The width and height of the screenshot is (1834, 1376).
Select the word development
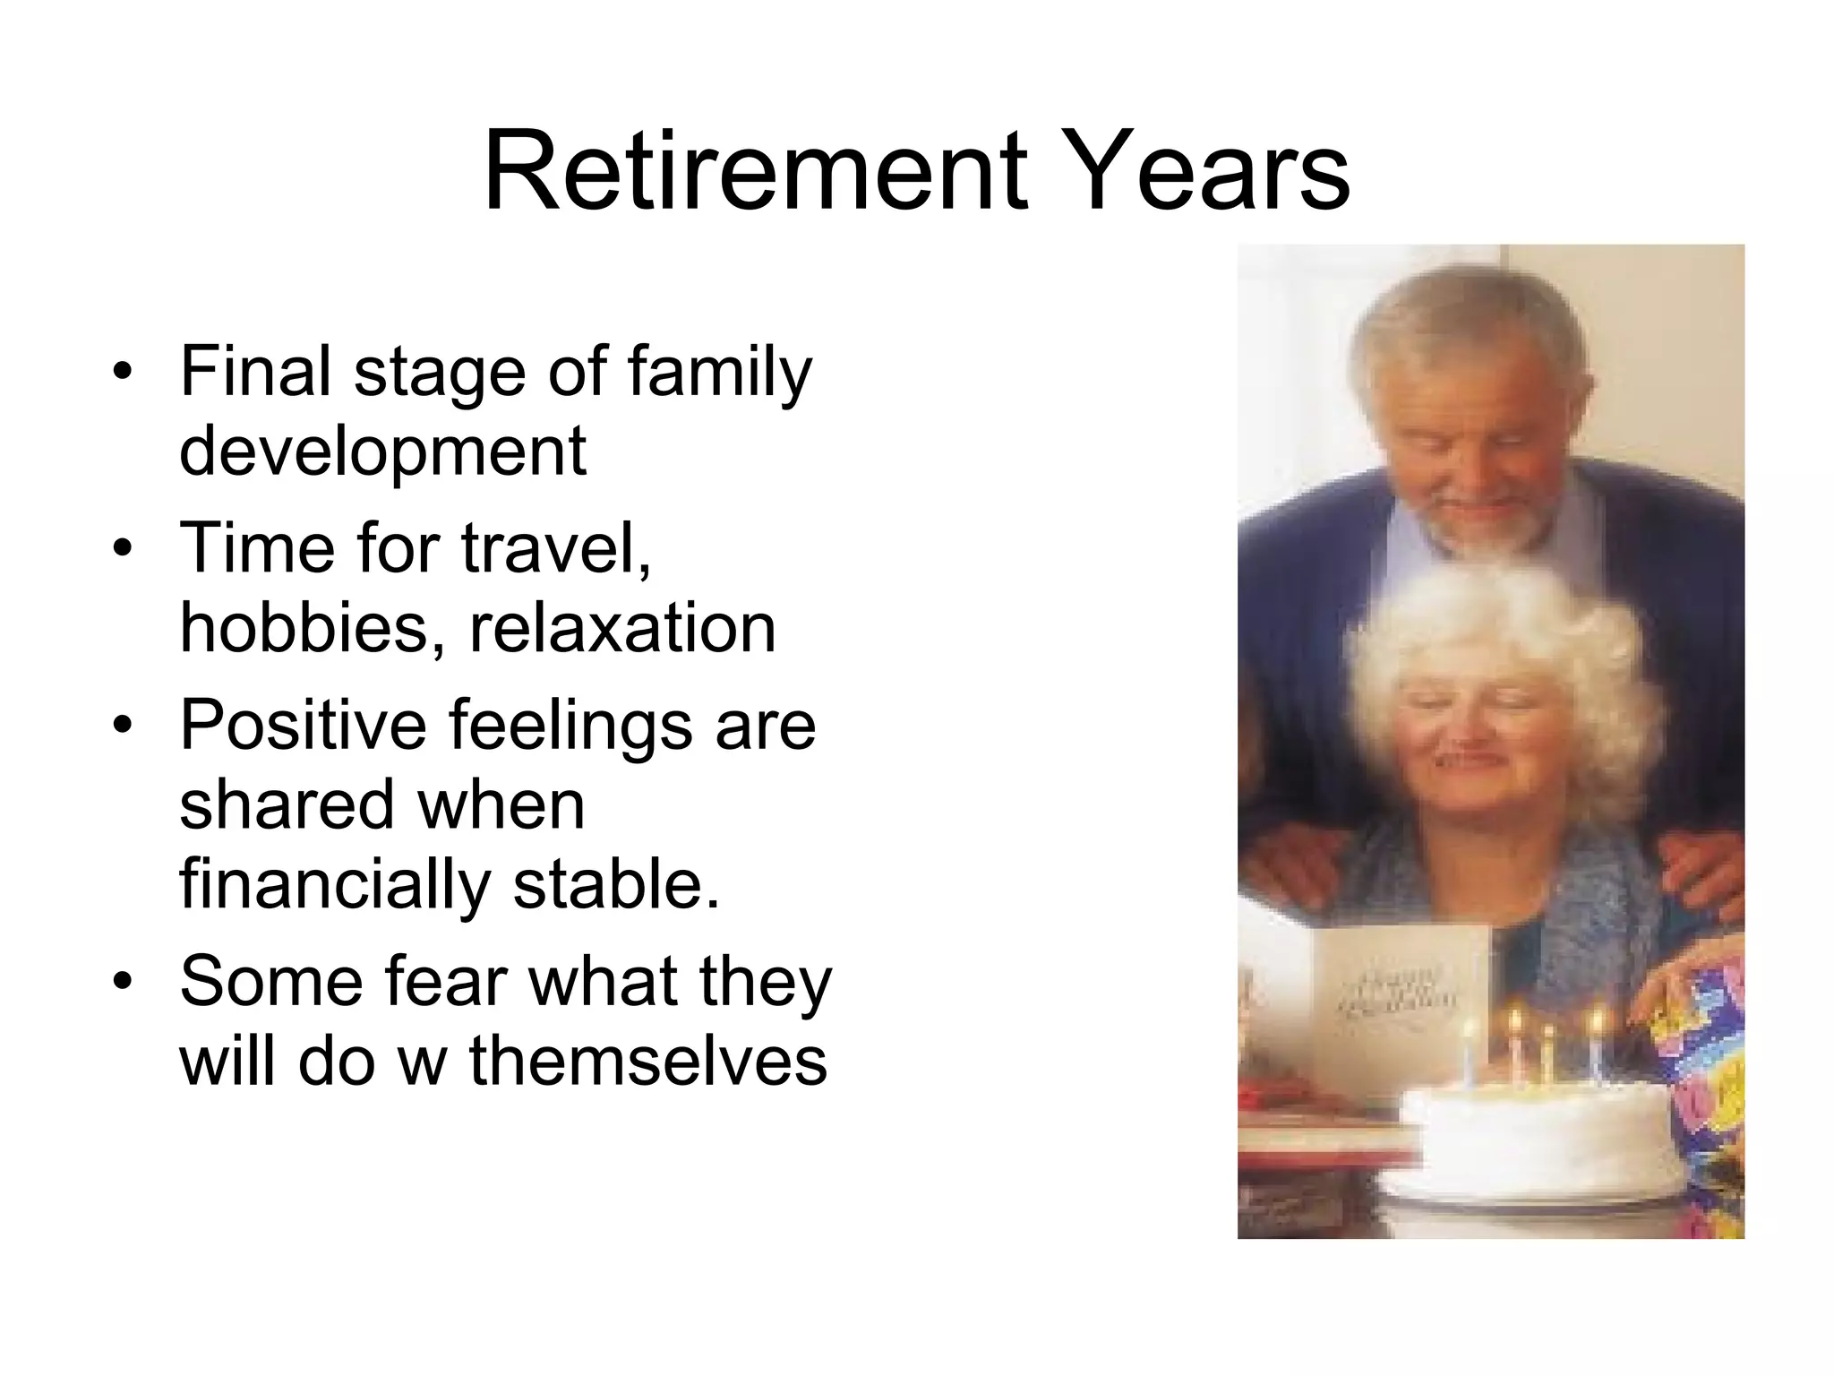[x=382, y=450]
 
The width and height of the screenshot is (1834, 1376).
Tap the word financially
[x=335, y=884]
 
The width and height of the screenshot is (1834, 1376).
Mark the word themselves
[x=648, y=1062]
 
